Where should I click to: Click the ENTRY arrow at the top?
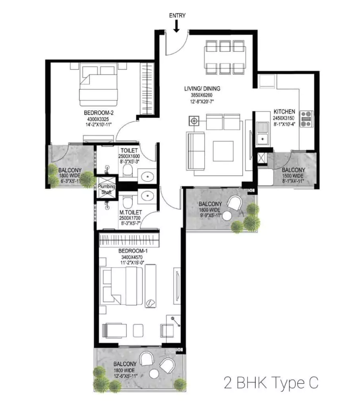[x=177, y=26]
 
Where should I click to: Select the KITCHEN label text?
[x=284, y=112]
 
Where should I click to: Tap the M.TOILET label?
[x=130, y=213]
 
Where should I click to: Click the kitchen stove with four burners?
[x=307, y=118]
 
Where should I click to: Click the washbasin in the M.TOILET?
[x=147, y=196]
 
